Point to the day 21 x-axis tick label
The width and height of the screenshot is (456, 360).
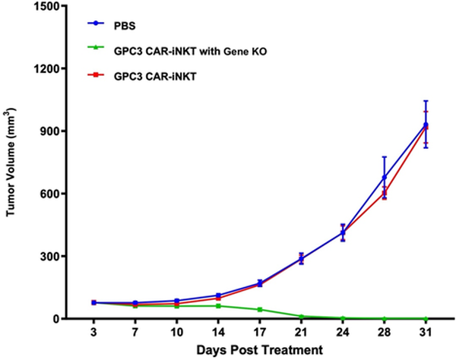point(280,332)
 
